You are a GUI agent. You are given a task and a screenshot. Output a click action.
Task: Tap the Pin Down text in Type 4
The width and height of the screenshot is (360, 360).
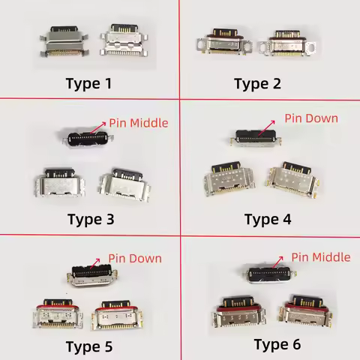point(310,118)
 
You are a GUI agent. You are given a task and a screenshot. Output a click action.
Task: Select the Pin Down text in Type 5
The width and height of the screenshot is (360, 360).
point(135,258)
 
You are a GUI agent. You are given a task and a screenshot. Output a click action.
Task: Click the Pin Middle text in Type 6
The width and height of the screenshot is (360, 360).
point(320,257)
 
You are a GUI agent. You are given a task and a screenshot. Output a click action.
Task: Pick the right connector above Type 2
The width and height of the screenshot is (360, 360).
point(286,44)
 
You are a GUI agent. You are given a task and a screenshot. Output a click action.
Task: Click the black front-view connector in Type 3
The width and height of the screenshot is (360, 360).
point(83,137)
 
